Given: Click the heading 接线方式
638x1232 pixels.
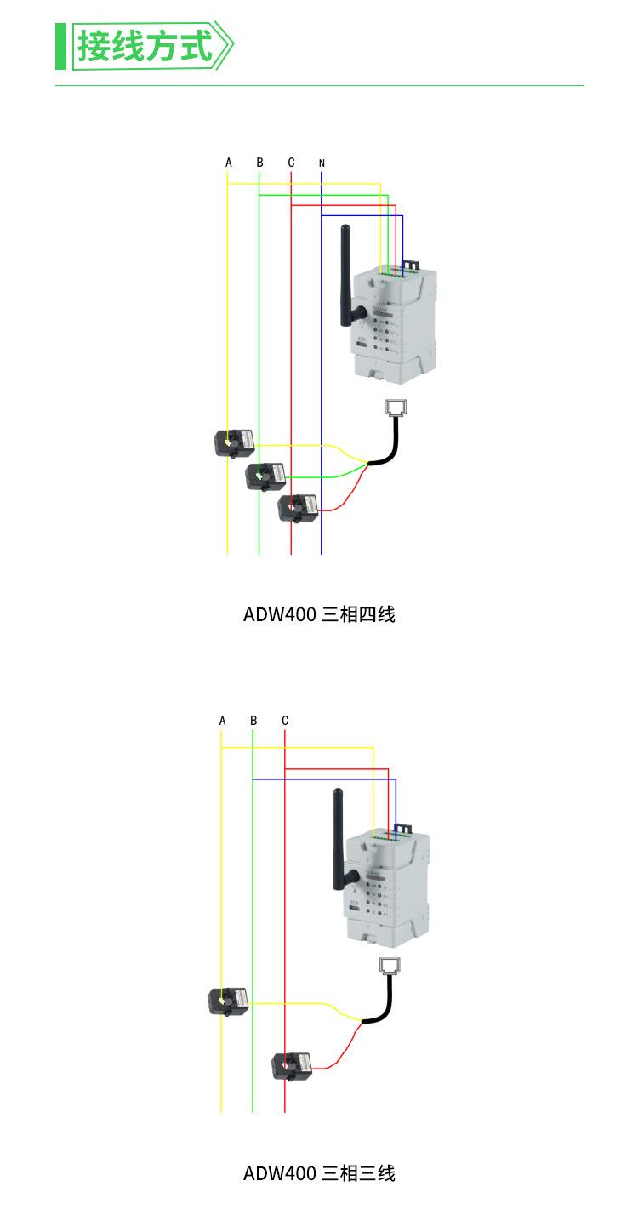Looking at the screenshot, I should pos(145,46).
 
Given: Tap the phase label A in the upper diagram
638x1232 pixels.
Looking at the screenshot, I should pos(229,162).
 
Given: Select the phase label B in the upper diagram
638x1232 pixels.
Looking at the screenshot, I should pos(260,162).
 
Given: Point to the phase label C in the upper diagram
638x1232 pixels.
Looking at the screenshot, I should pos(291,162).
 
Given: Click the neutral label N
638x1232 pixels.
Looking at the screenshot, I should pos(322,163).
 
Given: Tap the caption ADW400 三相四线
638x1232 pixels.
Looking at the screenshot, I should pos(319,613).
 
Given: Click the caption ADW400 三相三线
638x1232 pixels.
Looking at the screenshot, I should pos(319,1173).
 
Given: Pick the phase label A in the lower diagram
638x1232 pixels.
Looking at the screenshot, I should pos(223,720).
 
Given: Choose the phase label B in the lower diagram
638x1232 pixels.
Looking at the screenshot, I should pos(253,720).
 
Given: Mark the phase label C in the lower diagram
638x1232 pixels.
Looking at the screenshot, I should pos(285,720).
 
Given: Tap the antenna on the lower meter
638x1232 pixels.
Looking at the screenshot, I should pos(337,838).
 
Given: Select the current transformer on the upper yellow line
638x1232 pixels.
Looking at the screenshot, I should pos(234,442).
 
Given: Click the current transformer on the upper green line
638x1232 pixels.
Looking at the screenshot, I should pos(265,475).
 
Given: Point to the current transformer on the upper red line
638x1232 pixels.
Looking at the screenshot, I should pos(298,507).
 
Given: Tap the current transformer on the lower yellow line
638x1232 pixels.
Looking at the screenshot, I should pos(229,1001).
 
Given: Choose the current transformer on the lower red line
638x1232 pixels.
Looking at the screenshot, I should pos(292,1065).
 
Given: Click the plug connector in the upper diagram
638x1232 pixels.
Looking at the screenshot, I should pos(396,408).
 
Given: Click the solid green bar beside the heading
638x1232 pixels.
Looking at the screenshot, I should pos(60,47).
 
